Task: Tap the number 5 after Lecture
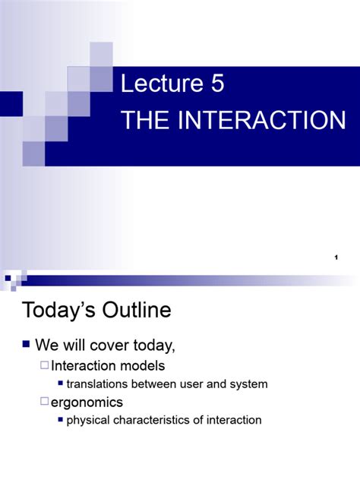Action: coord(218,84)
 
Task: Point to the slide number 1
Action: coord(335,260)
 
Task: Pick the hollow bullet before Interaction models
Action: coord(44,366)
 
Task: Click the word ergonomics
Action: coord(87,402)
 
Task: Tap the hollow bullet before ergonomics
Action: coord(44,402)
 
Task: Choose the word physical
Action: coord(89,420)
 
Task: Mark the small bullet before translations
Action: coord(60,384)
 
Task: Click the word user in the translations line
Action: coord(195,384)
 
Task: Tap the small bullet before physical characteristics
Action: coord(60,420)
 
